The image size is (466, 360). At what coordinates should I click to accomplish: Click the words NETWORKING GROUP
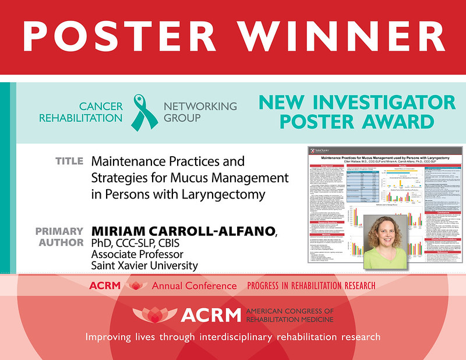[200, 112]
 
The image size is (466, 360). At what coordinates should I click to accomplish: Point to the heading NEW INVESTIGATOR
[356, 103]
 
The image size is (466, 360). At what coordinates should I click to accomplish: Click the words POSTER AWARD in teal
[356, 122]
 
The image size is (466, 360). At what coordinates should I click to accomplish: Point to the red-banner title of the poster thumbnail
[382, 158]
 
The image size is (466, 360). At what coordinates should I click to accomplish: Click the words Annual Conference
[194, 286]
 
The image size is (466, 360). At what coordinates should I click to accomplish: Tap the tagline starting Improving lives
[232, 337]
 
